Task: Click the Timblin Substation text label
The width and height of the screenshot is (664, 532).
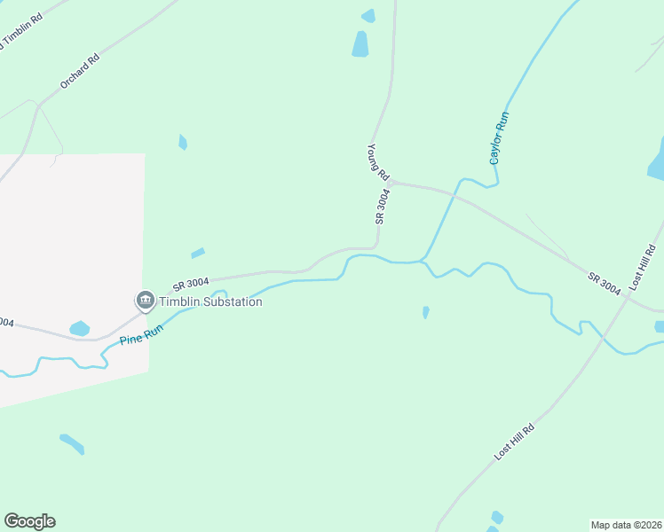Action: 210,301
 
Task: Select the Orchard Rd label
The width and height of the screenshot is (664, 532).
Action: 80,71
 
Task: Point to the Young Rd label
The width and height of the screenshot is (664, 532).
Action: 377,162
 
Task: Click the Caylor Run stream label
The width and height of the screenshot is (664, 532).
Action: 499,137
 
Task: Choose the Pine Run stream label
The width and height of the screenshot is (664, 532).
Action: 143,329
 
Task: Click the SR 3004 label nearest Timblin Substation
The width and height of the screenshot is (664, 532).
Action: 191,284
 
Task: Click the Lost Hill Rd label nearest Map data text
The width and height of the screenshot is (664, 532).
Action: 514,442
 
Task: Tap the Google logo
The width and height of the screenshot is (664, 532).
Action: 29,521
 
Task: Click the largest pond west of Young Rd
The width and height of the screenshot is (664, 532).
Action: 360,43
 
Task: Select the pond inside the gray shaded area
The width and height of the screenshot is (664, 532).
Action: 79,328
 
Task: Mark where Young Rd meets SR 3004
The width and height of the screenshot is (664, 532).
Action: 390,182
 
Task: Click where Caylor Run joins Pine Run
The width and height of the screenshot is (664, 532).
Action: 423,261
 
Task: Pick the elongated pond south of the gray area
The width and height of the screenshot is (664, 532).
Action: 72,443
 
